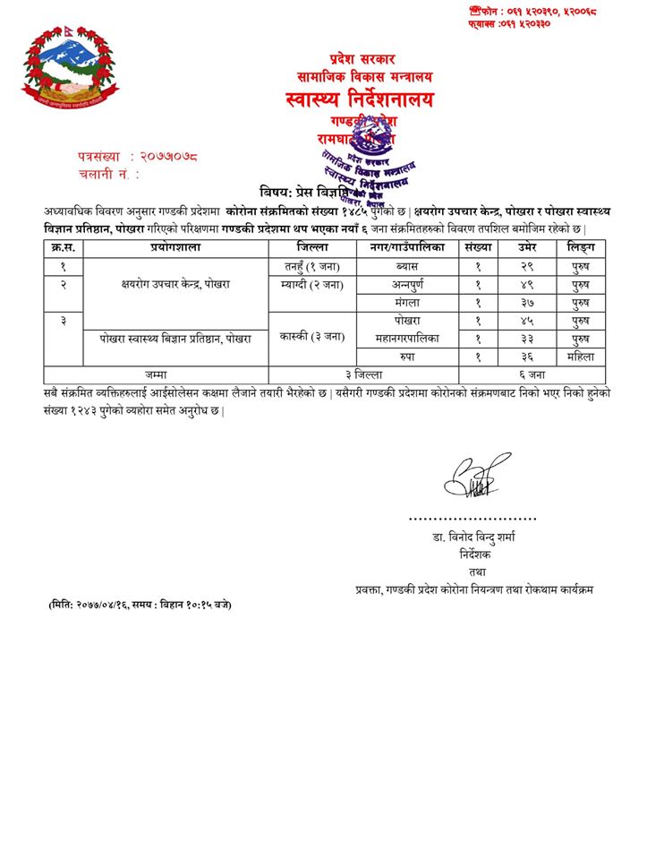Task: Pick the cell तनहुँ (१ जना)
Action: pyautogui.click(x=313, y=266)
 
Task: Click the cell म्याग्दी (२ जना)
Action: pyautogui.click(x=313, y=284)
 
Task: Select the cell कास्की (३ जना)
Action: pyautogui.click(x=313, y=338)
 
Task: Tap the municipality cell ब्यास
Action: pyautogui.click(x=407, y=266)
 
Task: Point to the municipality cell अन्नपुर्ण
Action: pyautogui.click(x=407, y=284)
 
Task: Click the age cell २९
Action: pyautogui.click(x=526, y=266)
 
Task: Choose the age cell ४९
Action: pyautogui.click(x=526, y=284)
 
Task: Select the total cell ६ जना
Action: pyautogui.click(x=532, y=374)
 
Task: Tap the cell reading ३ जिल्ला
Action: pyautogui.click(x=363, y=374)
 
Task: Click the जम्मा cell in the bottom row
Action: pyautogui.click(x=156, y=374)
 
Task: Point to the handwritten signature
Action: pyautogui.click(x=471, y=478)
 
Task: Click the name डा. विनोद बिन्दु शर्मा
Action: pyautogui.click(x=472, y=537)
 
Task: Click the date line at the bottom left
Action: pyautogui.click(x=140, y=605)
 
